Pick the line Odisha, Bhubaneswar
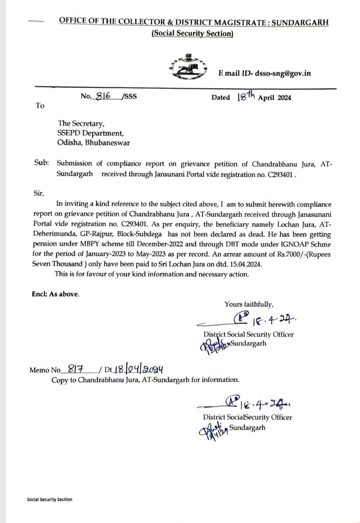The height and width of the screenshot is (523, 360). [x=97, y=143]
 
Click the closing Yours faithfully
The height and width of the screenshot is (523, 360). [x=249, y=304]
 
